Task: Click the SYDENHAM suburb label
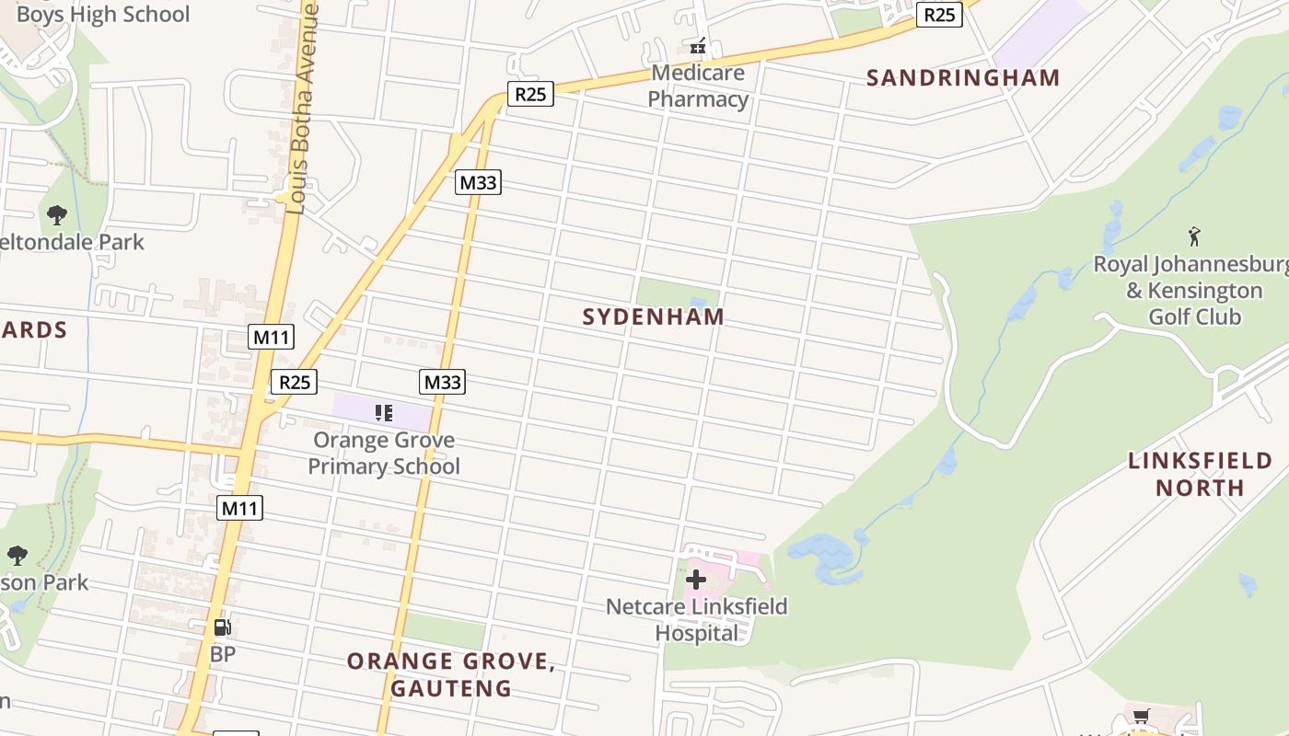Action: click(x=654, y=317)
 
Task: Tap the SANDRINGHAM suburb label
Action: click(x=963, y=78)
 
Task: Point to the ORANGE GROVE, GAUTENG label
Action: click(x=451, y=674)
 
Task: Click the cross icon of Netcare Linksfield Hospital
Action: click(x=696, y=580)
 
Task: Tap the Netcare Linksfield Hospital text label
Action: click(x=697, y=619)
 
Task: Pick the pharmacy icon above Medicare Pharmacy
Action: click(x=698, y=45)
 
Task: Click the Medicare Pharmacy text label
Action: click(x=698, y=86)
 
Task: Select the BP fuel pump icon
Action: click(x=222, y=628)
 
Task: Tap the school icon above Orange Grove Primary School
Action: click(x=384, y=413)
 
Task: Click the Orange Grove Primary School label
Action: click(x=384, y=453)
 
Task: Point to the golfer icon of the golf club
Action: click(x=1194, y=236)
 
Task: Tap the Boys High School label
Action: click(x=103, y=14)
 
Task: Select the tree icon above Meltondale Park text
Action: click(x=57, y=215)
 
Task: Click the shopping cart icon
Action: click(x=1141, y=717)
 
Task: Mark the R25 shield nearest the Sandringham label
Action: click(x=939, y=15)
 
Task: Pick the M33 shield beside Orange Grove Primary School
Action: click(x=443, y=381)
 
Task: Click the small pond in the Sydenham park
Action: click(x=698, y=302)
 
